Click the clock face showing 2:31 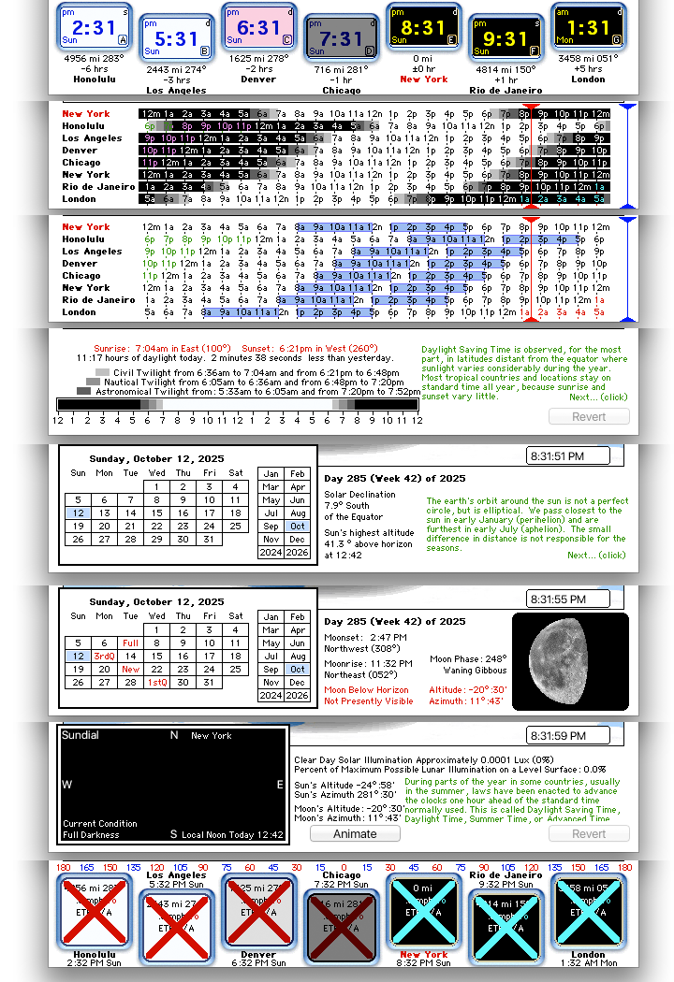tap(94, 28)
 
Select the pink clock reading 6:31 tap(258, 28)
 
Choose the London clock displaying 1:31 tap(588, 28)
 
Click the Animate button tap(355, 833)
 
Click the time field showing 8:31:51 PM tap(569, 456)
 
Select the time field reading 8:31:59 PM tap(569, 736)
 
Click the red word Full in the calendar tap(130, 643)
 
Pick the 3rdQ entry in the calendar tap(104, 657)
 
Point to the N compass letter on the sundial tap(173, 736)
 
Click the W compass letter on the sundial tap(66, 785)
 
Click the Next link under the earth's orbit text tap(596, 555)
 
